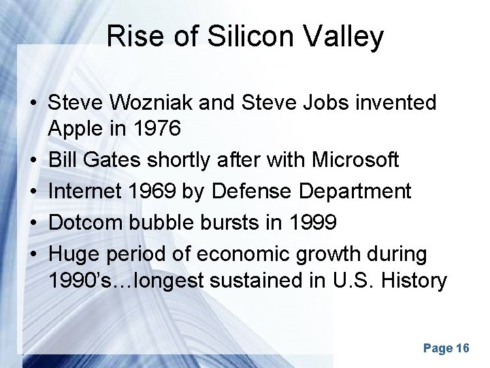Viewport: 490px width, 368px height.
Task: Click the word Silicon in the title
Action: pos(224,37)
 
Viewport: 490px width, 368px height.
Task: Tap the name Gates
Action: pos(118,160)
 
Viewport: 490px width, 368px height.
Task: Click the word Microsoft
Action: pos(355,160)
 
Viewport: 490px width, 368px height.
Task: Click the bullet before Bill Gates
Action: pos(33,161)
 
